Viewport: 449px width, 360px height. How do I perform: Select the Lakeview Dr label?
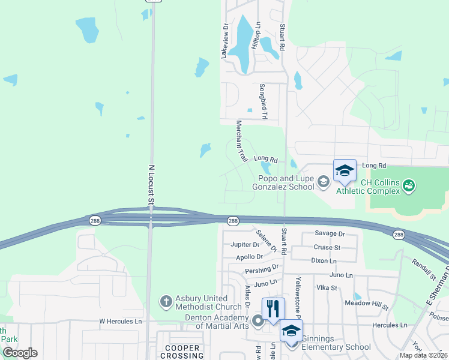pos(225,41)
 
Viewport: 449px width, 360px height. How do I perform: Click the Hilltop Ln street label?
pos(258,35)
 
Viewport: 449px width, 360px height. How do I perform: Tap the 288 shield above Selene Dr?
pos(233,222)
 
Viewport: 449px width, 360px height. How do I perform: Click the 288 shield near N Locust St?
pos(93,220)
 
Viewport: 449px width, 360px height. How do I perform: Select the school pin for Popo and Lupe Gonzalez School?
pos(345,171)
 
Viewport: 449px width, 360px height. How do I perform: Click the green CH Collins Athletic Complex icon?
pos(409,185)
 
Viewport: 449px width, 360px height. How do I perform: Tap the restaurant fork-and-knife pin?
pos(273,309)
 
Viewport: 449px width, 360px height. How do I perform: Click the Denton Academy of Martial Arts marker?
pos(258,321)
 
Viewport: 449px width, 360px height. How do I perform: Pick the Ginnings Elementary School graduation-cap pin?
pos(291,331)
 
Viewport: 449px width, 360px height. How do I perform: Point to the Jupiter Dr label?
pos(245,245)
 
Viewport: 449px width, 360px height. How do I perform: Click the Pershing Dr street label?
pos(262,268)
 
